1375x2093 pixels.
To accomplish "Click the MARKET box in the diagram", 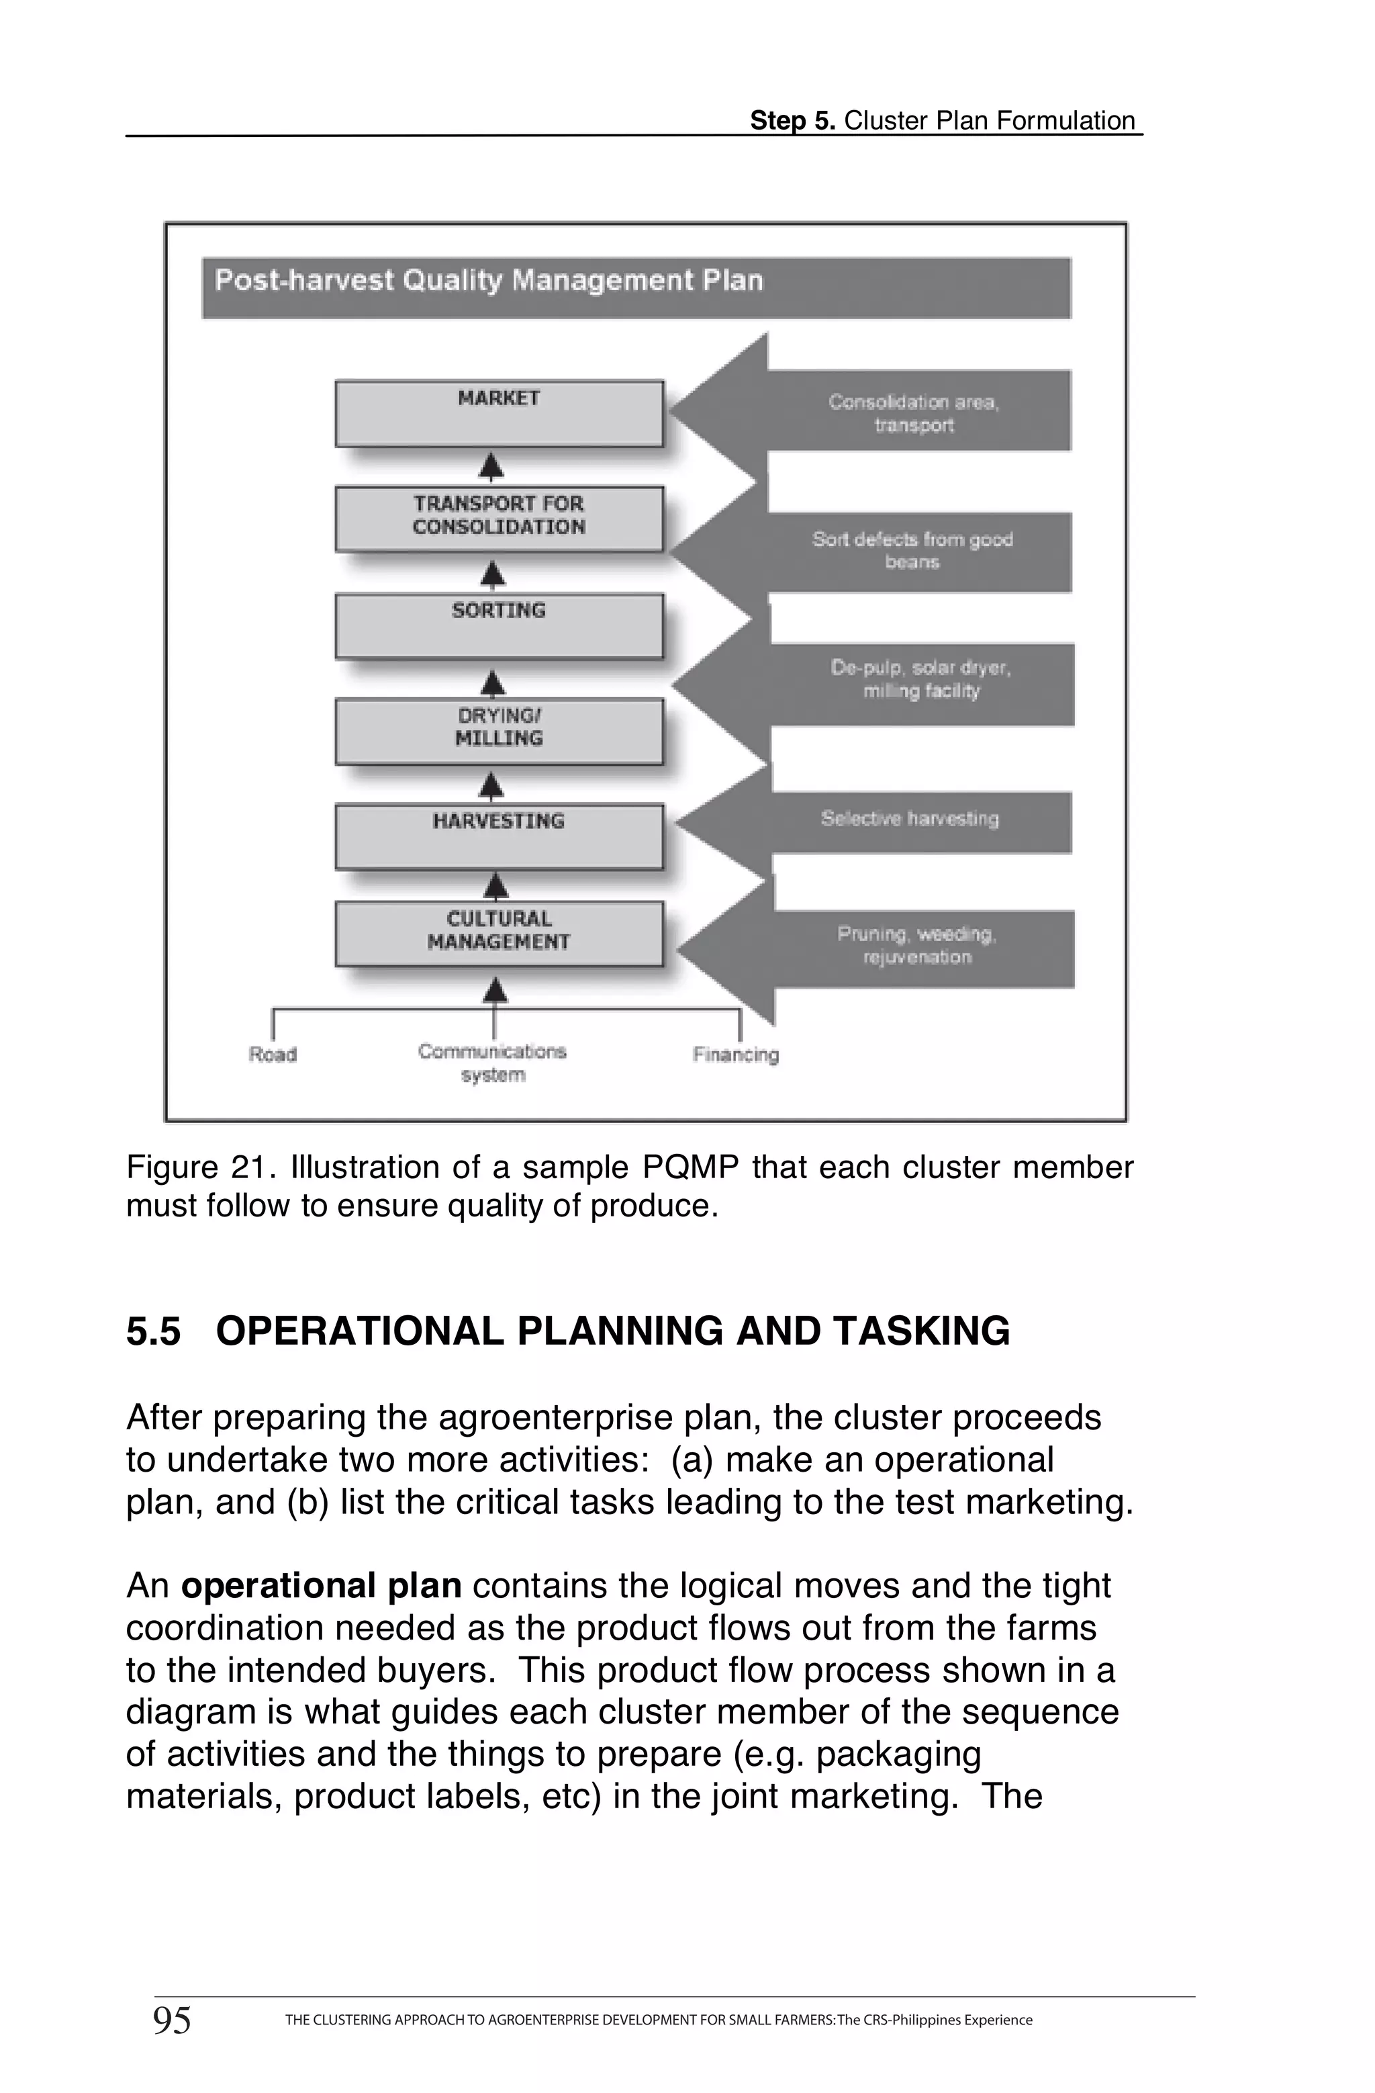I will (x=498, y=412).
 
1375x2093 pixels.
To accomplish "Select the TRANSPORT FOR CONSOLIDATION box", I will (x=498, y=518).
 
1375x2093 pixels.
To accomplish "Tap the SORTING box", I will (x=498, y=625).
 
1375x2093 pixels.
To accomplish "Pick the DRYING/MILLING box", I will (x=498, y=730).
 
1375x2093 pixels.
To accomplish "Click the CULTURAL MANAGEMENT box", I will (x=498, y=932).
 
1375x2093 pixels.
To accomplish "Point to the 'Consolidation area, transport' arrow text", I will (x=914, y=413).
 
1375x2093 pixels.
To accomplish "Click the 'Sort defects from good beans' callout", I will (x=912, y=551).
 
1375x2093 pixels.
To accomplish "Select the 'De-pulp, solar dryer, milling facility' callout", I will (x=920, y=680).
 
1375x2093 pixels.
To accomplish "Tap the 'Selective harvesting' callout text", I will (x=910, y=819).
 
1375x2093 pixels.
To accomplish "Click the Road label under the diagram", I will (x=273, y=1055).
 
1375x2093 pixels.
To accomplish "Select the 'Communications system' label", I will (x=492, y=1063).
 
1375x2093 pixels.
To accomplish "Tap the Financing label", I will (x=736, y=1055).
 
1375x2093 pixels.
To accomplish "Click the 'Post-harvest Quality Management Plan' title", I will (x=489, y=281).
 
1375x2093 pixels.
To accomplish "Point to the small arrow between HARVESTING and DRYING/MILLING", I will (x=493, y=785).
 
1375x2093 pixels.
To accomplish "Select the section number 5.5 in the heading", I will (x=153, y=1331).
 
